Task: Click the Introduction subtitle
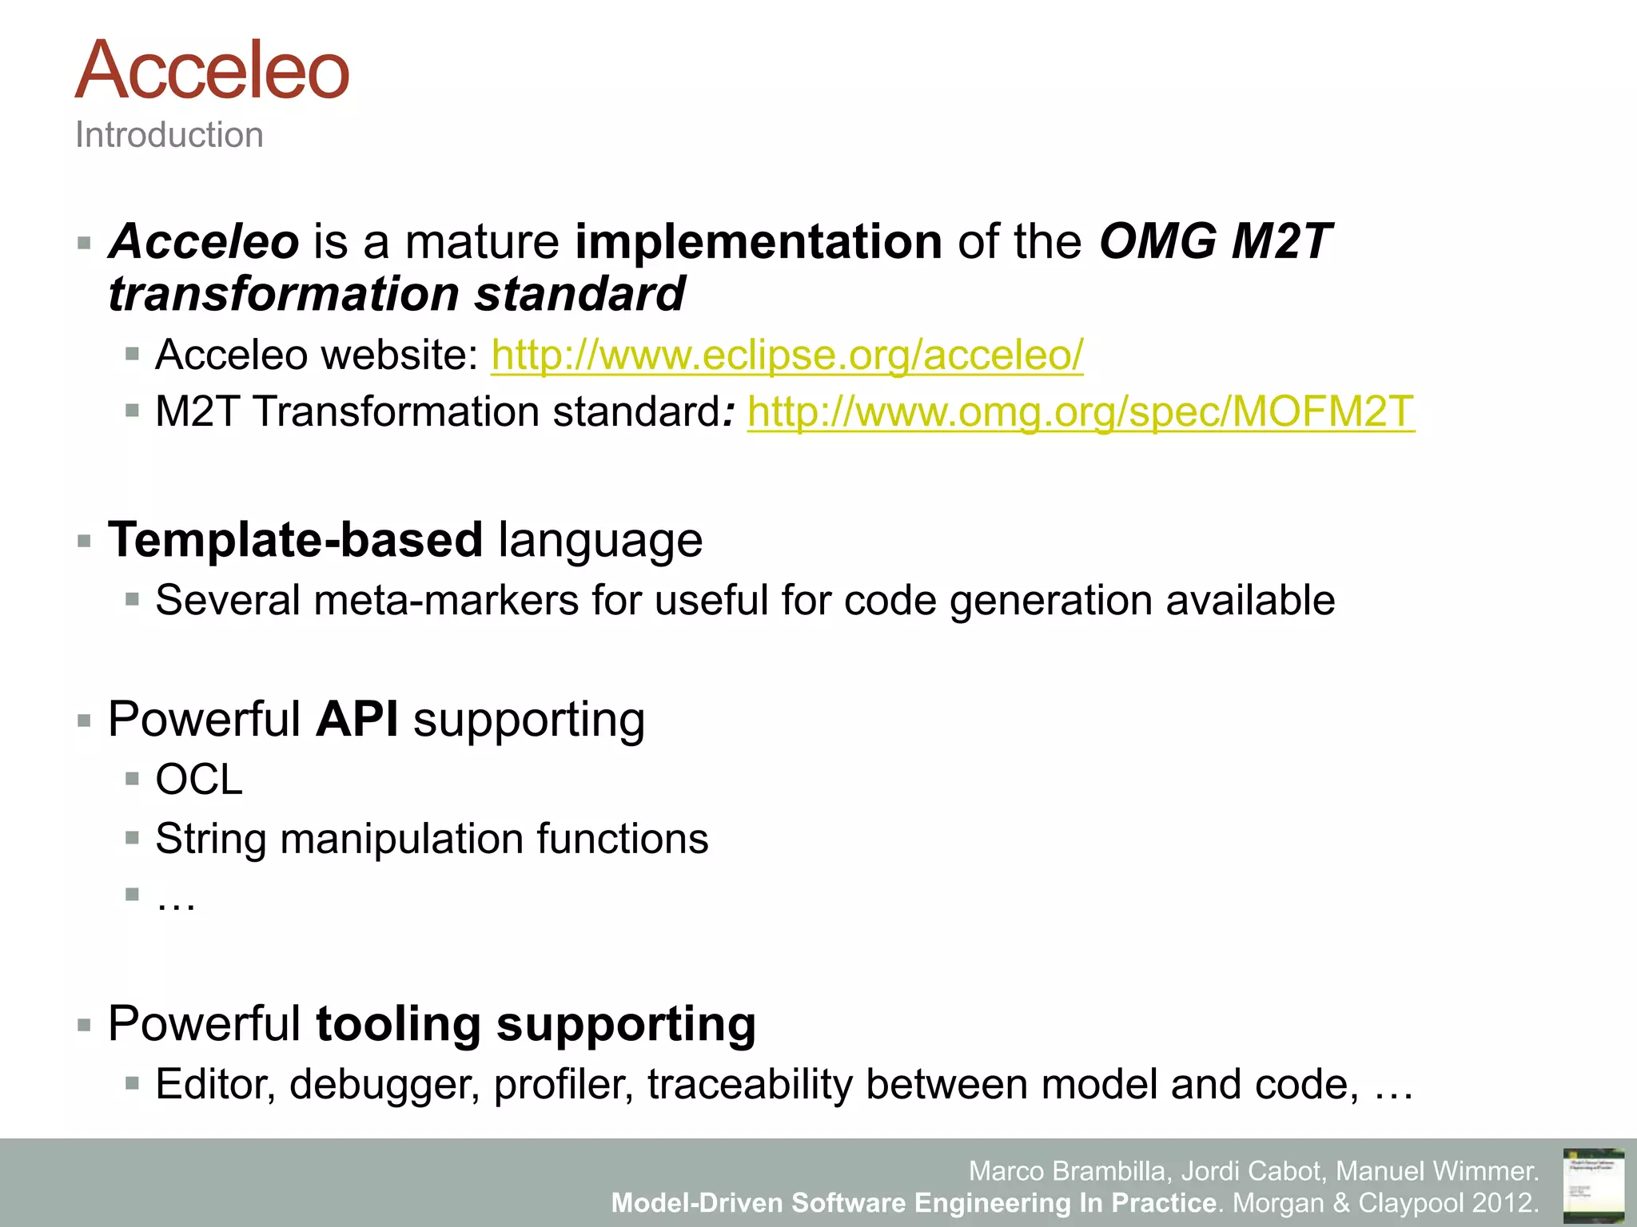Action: (x=169, y=135)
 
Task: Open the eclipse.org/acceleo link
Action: (x=787, y=355)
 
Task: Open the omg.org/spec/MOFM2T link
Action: (x=1081, y=412)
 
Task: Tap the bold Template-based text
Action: (x=296, y=540)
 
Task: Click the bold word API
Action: (x=357, y=719)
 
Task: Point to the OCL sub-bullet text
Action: (x=198, y=779)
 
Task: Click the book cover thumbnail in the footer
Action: (x=1594, y=1185)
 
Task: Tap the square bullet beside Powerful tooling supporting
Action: (x=85, y=1025)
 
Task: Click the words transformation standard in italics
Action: (x=396, y=294)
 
